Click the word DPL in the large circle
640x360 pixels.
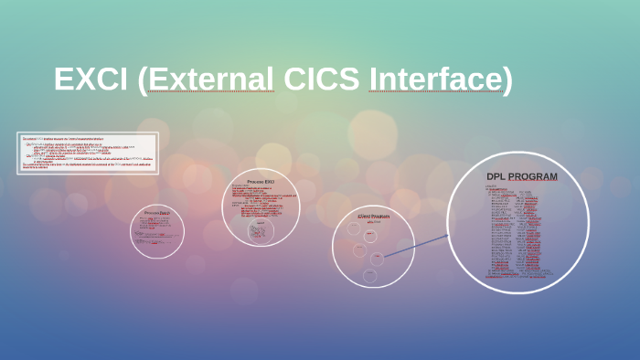pyautogui.click(x=496, y=176)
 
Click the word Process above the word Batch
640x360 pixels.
pyautogui.click(x=151, y=213)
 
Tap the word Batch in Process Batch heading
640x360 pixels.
pyautogui.click(x=165, y=213)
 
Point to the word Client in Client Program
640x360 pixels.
pyautogui.click(x=365, y=217)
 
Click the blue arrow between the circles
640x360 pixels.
pyautogui.click(x=416, y=246)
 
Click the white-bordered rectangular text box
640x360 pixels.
pyautogui.click(x=88, y=153)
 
